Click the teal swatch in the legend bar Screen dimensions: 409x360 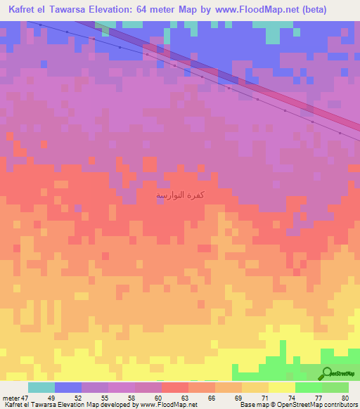click(x=41, y=387)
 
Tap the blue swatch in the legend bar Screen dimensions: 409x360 click(x=67, y=387)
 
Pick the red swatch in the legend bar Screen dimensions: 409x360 click(x=174, y=387)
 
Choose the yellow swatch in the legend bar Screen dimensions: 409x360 click(x=281, y=387)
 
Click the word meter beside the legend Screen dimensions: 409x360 click(x=10, y=398)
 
